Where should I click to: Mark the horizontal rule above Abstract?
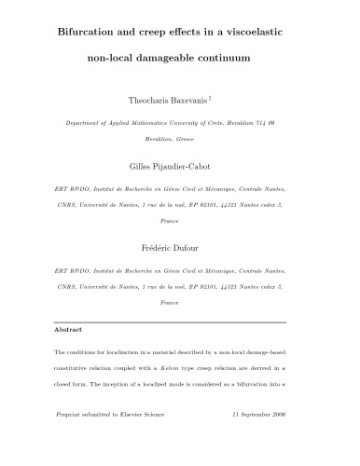tap(180, 319)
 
